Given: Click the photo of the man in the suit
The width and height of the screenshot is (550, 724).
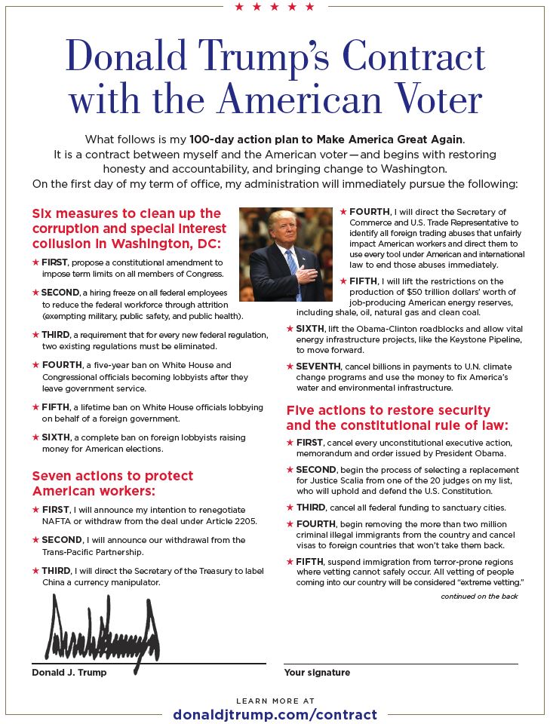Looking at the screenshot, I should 285,254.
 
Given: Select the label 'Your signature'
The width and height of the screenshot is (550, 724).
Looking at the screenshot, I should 317,672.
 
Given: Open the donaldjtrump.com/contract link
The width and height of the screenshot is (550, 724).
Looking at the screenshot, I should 275,714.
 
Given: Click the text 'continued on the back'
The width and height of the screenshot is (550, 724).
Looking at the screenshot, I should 480,596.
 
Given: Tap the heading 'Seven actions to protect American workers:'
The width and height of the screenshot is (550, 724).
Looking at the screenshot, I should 112,483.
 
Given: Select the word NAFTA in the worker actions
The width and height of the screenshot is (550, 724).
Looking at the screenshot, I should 48,520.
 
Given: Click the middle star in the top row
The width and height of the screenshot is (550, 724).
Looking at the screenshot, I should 275,8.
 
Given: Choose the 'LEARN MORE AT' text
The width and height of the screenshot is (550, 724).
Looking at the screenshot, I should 275,701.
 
